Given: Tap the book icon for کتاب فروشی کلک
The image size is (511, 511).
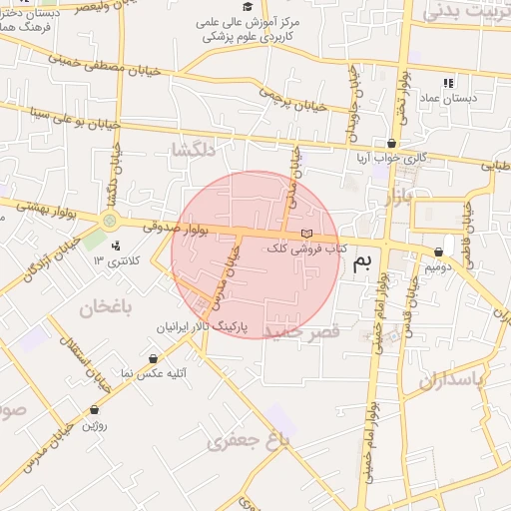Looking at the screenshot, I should [304, 234].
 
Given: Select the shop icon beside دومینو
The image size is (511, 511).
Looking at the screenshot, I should [438, 253].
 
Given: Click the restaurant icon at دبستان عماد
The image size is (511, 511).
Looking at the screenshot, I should [448, 83].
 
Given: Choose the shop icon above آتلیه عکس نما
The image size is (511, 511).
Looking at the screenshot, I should [152, 358].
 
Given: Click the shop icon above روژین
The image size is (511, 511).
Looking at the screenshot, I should [94, 409].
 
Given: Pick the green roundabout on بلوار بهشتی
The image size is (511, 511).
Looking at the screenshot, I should [109, 221].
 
